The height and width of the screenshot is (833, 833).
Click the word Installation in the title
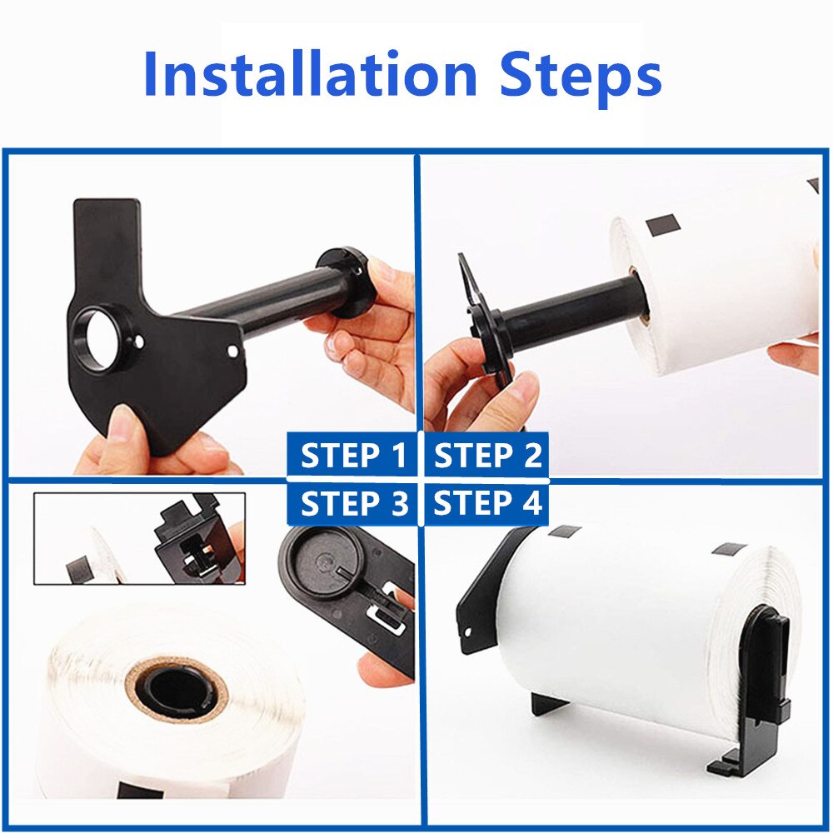click(310, 74)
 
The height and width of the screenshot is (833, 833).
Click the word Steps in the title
click(581, 78)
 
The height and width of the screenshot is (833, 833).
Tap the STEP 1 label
click(352, 456)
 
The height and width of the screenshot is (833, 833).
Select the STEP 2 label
click(486, 456)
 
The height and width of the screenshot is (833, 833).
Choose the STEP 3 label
click(352, 503)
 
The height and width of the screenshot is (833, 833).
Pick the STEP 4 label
click(486, 503)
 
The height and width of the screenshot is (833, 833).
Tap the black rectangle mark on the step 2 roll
click(662, 223)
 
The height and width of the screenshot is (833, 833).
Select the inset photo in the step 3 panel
click(140, 538)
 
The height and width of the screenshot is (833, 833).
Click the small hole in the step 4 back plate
click(467, 632)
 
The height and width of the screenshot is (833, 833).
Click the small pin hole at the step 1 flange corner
click(232, 352)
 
